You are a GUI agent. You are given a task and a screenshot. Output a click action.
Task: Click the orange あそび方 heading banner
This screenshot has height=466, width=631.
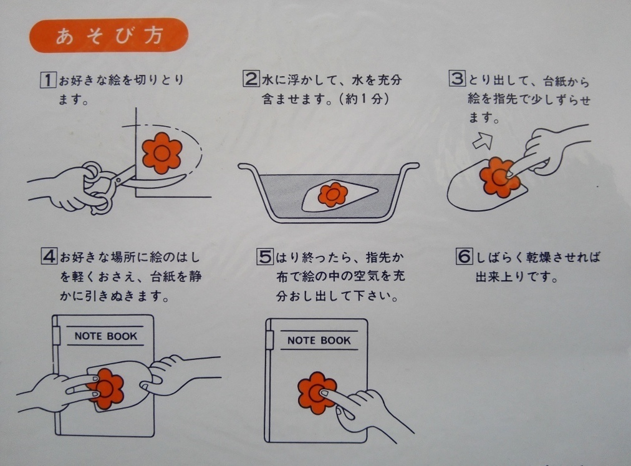(108, 36)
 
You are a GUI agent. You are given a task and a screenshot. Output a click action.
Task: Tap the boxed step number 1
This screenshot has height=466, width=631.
(48, 79)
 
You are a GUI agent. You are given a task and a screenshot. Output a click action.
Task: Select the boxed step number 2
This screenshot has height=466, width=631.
(251, 79)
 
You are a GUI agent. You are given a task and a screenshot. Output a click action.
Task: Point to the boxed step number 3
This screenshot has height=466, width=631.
(457, 78)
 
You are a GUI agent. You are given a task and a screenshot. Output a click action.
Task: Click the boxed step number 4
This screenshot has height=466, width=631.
(49, 256)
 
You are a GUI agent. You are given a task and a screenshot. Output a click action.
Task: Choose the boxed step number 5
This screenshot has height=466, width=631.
(265, 256)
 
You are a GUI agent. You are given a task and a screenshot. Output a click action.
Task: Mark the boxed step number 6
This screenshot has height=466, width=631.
(464, 256)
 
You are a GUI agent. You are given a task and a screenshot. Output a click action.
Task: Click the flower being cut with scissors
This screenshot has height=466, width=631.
(162, 153)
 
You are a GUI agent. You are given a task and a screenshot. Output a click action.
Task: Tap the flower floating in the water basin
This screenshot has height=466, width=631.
(332, 195)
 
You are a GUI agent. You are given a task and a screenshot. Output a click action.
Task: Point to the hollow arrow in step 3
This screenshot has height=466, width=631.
(483, 140)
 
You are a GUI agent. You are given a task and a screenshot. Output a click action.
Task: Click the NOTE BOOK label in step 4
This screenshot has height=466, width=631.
(106, 336)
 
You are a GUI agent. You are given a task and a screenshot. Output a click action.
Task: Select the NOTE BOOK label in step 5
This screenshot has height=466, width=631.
(319, 341)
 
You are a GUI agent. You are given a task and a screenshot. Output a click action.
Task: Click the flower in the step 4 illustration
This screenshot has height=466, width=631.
(106, 388)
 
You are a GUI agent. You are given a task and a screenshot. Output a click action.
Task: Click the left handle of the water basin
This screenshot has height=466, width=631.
(248, 167)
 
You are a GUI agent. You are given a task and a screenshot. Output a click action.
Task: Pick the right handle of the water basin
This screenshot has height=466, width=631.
(410, 167)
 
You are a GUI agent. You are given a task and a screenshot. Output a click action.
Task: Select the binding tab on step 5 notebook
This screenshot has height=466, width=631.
(269, 339)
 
